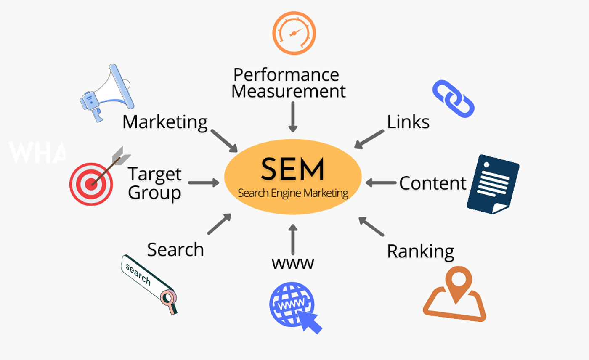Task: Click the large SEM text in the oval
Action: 292,169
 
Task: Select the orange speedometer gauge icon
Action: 294,33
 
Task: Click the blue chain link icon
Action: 454,99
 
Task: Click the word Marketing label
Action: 165,122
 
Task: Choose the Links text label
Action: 408,122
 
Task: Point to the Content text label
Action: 432,183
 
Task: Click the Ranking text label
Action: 420,251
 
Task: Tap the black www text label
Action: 293,263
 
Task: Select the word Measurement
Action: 289,91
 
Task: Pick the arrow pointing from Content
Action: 381,183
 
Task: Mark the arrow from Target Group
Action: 204,183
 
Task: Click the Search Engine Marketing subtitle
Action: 293,193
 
